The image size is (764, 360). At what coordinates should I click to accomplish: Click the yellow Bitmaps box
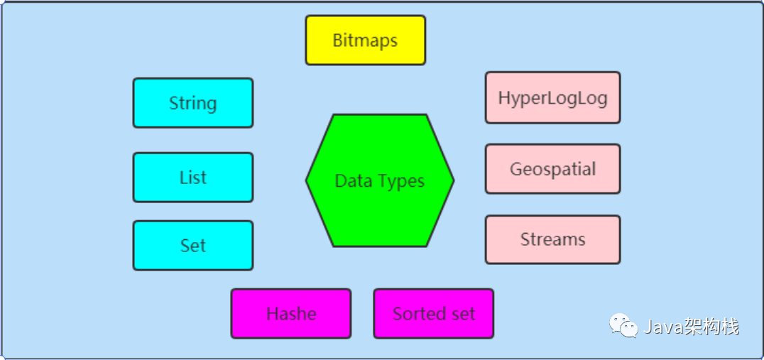(x=366, y=40)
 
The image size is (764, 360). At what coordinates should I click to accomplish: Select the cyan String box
(x=193, y=103)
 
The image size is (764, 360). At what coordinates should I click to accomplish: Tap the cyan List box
(x=193, y=178)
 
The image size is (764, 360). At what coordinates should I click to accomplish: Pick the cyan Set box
(x=193, y=246)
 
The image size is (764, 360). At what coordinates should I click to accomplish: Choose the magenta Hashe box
(x=291, y=314)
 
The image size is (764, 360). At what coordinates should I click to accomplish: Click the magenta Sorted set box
(x=434, y=314)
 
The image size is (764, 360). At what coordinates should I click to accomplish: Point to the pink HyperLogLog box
(x=552, y=97)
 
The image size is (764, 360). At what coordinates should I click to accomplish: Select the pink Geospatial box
(x=552, y=168)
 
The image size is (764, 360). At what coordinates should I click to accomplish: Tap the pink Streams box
(x=552, y=240)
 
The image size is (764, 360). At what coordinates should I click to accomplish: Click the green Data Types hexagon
(x=380, y=180)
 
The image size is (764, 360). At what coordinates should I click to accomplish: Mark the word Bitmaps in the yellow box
(x=365, y=40)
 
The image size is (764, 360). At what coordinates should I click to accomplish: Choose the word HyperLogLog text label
(x=552, y=99)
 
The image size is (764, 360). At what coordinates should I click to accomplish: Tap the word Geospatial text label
(x=552, y=170)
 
